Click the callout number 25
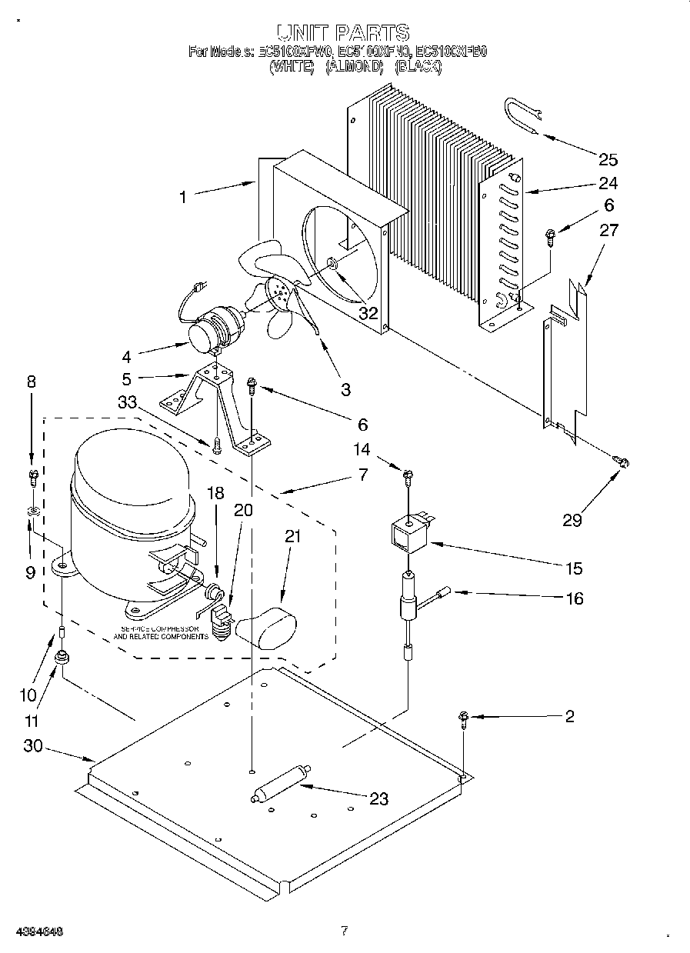pos(608,160)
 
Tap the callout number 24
pos(608,184)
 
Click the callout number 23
pos(379,799)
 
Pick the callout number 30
pos(32,745)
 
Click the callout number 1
pos(183,198)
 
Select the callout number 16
pos(575,598)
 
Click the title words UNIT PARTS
pos(344,32)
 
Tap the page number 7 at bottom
pos(345,931)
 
